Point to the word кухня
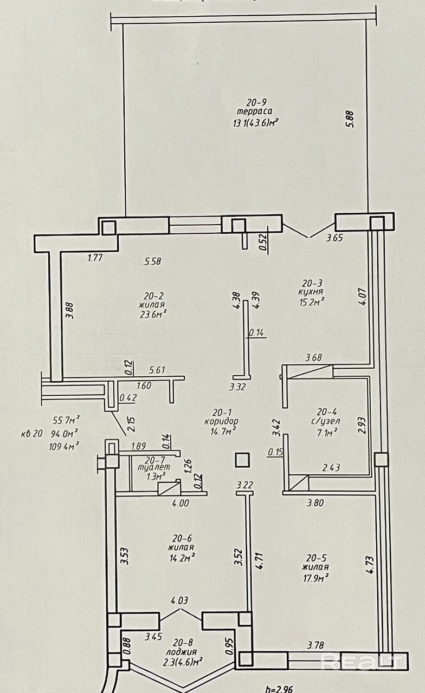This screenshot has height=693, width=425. (313, 292)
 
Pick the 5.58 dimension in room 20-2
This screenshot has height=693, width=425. (152, 261)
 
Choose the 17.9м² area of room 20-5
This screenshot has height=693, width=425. (315, 577)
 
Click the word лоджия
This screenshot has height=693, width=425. (182, 652)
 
